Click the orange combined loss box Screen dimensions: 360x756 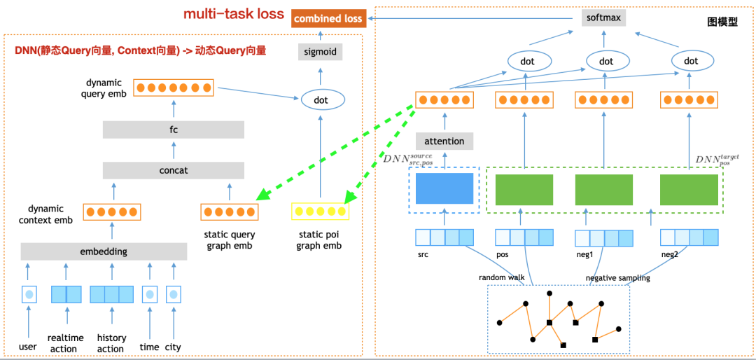328,19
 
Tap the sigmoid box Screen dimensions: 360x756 321,51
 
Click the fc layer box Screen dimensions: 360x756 173,130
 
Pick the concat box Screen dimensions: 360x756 173,170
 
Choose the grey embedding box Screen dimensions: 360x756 104,251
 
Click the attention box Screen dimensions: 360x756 444,141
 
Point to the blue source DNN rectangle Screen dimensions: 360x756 444,189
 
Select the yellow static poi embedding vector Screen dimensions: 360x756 320,212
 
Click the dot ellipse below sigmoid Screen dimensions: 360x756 321,100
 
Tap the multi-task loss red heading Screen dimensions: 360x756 234,14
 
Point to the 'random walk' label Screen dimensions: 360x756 502,278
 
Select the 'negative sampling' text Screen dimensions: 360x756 617,278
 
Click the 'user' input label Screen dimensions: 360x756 28,347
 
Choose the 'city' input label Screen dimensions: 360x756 173,347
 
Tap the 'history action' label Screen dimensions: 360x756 111,343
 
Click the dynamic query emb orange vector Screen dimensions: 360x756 173,88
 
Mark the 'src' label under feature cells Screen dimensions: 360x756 423,255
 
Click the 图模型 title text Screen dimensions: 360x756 722,22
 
